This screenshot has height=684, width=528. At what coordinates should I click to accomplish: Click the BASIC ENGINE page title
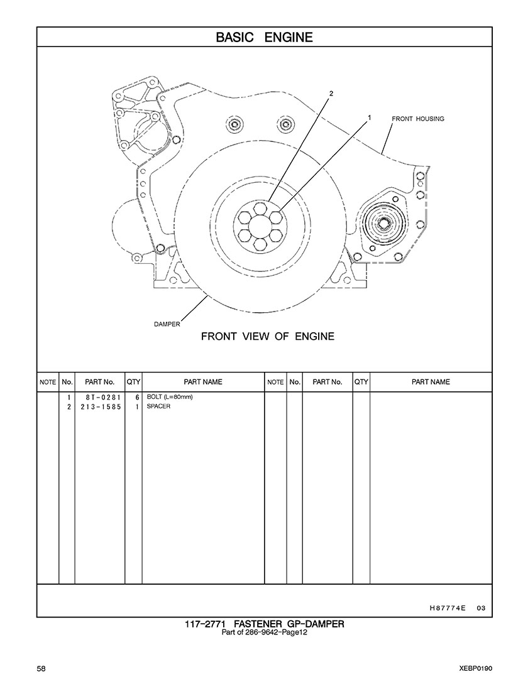pos(264,37)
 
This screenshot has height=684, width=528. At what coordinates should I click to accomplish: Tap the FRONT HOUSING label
pos(418,119)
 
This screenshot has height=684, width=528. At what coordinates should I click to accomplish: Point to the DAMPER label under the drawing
pos(167,324)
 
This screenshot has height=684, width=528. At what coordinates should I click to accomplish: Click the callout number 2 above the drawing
pos(331,94)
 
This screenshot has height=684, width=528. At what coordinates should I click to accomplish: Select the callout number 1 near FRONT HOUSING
pos(370,117)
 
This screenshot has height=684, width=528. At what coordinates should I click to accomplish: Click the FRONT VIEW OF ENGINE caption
pos(267,337)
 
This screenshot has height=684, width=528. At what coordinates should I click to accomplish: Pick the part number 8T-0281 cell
pos(99,398)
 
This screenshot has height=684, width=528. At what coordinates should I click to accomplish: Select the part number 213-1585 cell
pos(99,406)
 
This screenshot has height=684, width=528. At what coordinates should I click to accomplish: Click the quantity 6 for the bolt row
pos(136,398)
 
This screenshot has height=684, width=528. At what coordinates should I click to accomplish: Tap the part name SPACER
pos(158,406)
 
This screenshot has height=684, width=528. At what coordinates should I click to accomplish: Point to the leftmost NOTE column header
pos(48,382)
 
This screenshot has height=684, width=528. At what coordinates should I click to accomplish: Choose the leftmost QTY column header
pos(133,382)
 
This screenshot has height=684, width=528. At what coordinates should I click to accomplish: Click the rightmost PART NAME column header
pos(431,382)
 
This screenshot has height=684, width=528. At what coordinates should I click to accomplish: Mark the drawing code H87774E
pos(447,607)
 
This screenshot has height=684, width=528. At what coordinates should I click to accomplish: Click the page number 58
pos(41,668)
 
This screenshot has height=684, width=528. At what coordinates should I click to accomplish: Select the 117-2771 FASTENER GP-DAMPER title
pos(264,624)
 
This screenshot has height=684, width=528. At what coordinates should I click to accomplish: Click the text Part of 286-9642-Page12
pos(264,632)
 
